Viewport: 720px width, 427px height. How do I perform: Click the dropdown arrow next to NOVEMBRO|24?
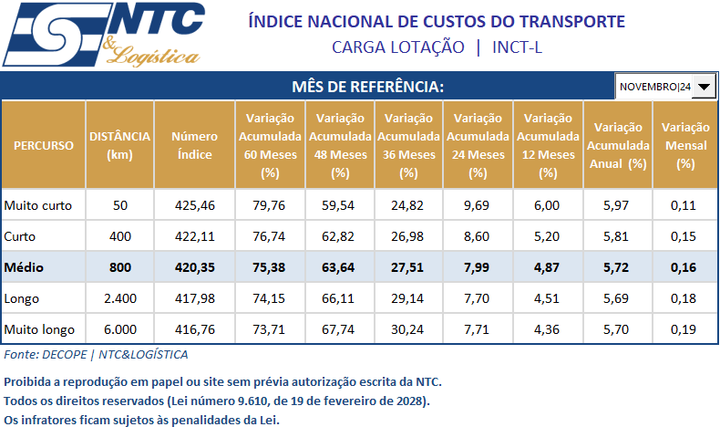(x=705, y=87)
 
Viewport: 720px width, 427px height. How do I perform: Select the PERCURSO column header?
(x=44, y=146)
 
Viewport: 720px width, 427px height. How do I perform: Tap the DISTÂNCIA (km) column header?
(x=119, y=146)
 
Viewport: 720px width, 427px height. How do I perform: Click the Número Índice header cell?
(x=195, y=146)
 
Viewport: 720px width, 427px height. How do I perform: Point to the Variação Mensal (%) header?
(x=685, y=146)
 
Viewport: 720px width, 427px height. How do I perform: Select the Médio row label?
(x=25, y=267)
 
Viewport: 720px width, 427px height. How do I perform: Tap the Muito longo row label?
(x=38, y=328)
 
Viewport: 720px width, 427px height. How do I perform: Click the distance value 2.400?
(x=120, y=298)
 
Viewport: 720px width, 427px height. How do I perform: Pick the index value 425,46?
(x=195, y=205)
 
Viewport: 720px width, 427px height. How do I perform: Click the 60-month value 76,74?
(x=270, y=236)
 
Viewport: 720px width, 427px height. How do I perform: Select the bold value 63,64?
(x=340, y=267)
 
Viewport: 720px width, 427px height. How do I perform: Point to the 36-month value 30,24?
(x=409, y=328)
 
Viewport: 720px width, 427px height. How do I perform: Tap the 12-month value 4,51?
(x=547, y=298)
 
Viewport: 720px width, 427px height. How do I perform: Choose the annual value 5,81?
(x=617, y=236)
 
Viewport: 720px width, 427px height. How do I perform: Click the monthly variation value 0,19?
(x=685, y=328)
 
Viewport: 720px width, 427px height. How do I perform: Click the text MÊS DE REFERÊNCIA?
(x=367, y=87)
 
